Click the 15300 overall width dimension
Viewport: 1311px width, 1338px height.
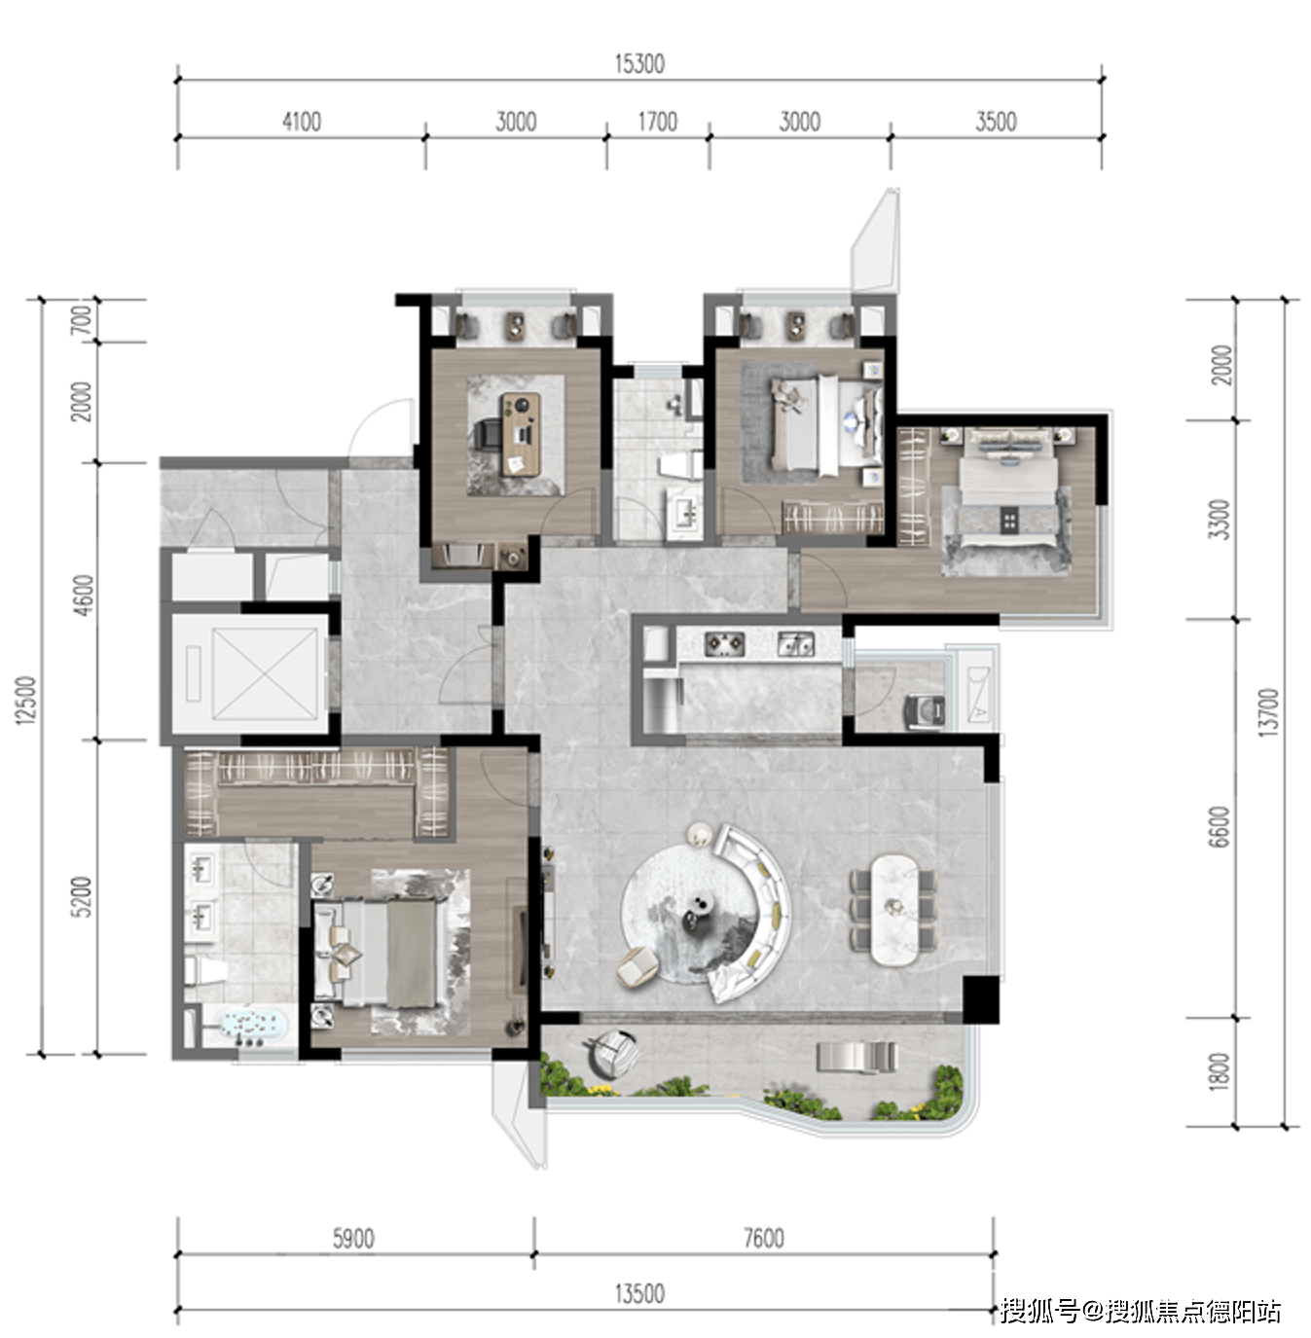[639, 64]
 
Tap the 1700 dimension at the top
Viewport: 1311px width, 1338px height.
[657, 122]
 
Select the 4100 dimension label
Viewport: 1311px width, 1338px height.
[302, 122]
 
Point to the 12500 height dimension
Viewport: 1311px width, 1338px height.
[25, 700]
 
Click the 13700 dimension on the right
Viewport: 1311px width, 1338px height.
[1268, 711]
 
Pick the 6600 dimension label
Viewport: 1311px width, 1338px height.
[1219, 826]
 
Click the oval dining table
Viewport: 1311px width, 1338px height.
[893, 910]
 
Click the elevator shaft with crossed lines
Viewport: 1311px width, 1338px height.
[264, 673]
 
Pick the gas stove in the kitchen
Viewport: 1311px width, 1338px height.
[724, 643]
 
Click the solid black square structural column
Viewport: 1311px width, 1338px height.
[980, 999]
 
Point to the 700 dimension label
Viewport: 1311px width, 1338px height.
[82, 320]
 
